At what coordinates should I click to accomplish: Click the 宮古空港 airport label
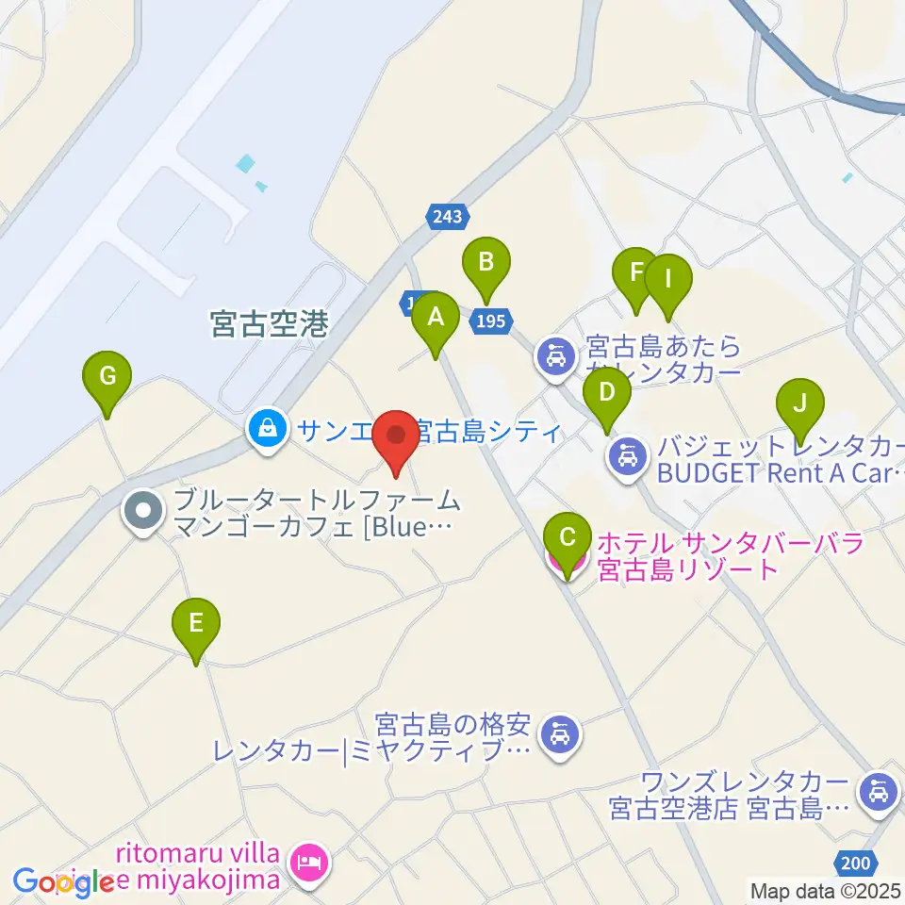[x=269, y=325]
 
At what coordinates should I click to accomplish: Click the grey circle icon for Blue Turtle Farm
[x=143, y=512]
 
